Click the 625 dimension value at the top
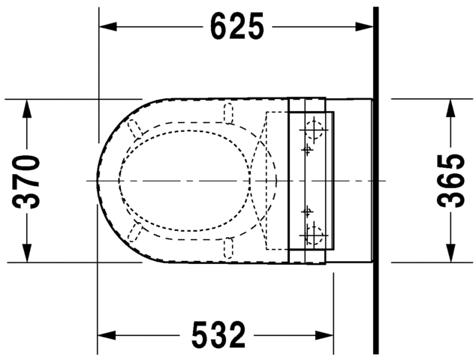[x=237, y=27]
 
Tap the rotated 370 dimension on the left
[x=28, y=181]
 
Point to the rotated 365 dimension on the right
[x=450, y=181]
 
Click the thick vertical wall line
[x=375, y=180]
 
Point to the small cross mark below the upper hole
[x=306, y=149]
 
